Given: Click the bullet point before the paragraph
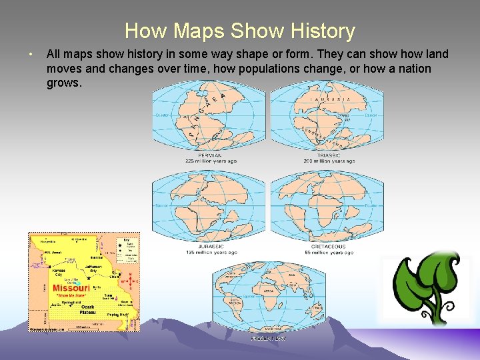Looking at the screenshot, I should [x=31, y=54].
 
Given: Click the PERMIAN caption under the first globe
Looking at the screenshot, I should [x=211, y=155].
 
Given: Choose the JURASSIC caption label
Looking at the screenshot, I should [x=211, y=247].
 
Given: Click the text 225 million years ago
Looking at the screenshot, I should [x=211, y=161].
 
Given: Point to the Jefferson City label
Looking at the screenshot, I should [x=93, y=268].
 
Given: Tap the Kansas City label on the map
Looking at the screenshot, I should [x=59, y=272].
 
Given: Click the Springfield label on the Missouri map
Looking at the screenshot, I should [x=71, y=302].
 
